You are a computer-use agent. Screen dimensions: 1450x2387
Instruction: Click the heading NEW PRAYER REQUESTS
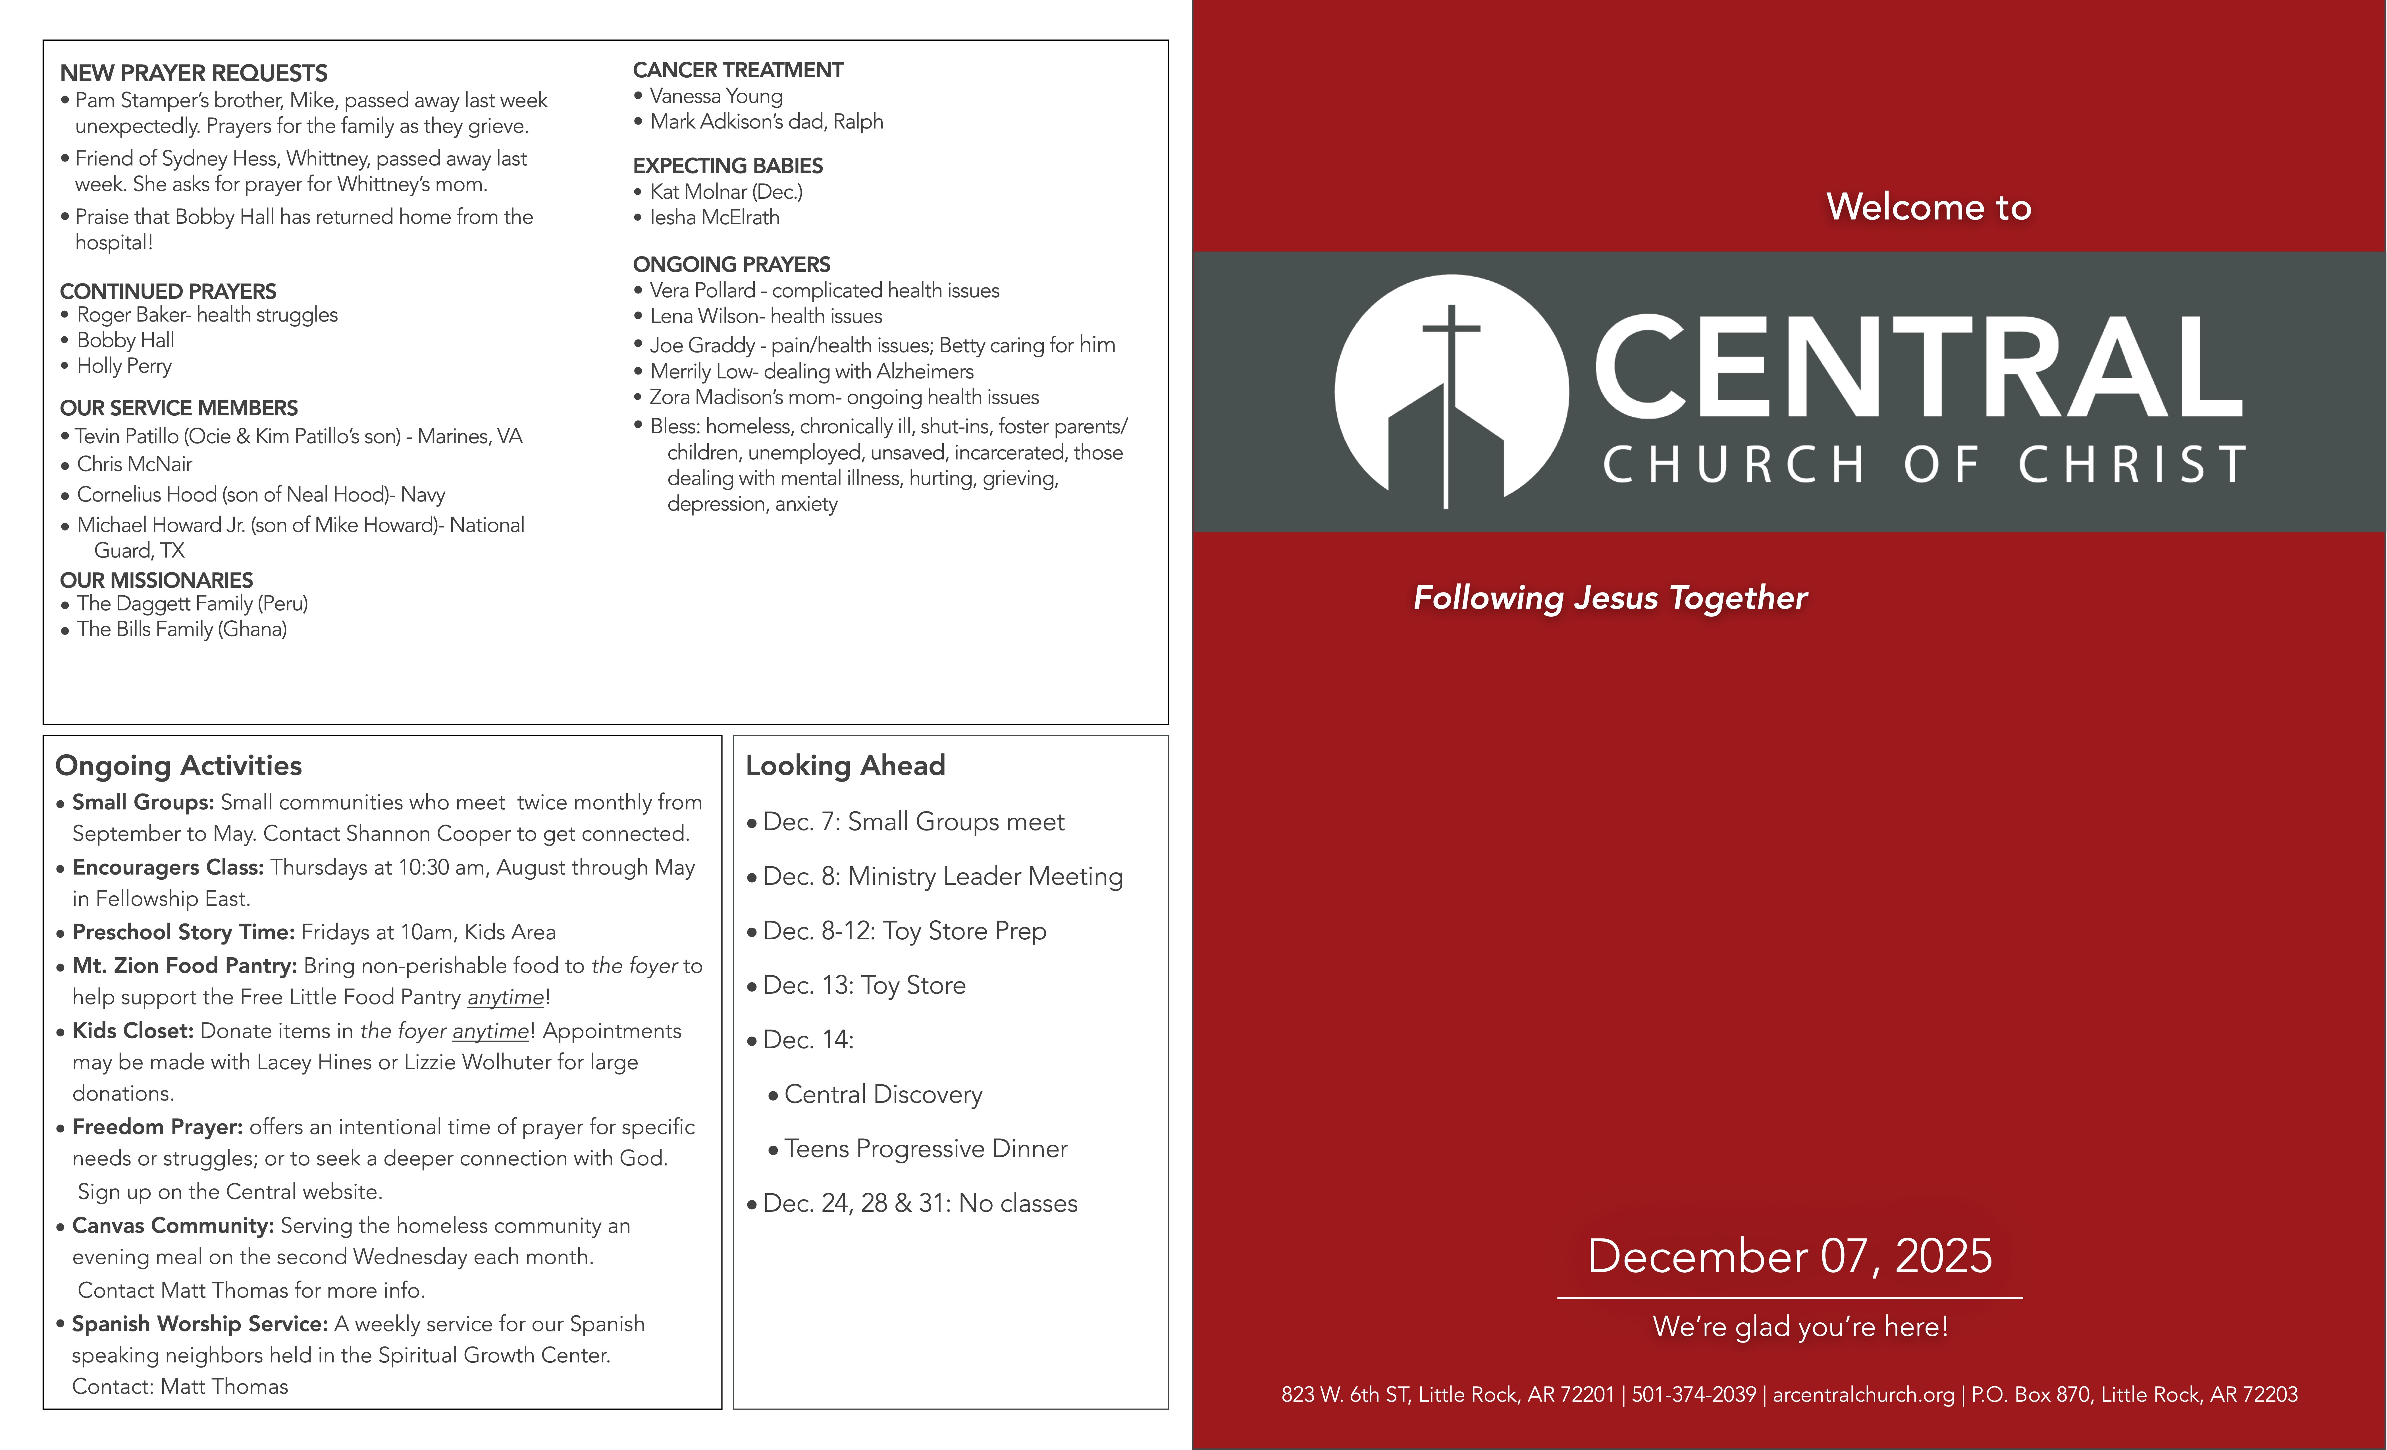tap(194, 74)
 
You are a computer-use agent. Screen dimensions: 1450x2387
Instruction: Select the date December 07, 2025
tap(1789, 1256)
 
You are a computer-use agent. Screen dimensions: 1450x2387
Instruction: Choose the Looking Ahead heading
tap(845, 766)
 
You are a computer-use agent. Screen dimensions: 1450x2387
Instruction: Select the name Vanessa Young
tap(716, 96)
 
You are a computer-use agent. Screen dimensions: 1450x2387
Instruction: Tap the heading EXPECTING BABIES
tap(727, 166)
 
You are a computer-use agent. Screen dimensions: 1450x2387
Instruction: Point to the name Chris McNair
tap(135, 464)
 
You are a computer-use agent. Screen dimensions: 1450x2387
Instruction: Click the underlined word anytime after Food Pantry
tap(506, 997)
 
